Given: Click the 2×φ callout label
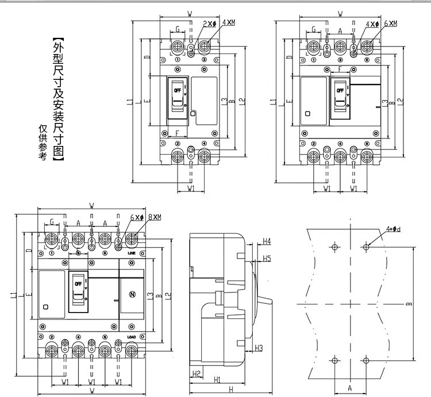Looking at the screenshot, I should [209, 24].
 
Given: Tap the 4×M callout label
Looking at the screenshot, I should [228, 24].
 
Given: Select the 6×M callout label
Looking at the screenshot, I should [390, 24].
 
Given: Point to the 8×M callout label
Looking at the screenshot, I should [153, 218].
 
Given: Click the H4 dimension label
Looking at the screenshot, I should [266, 241].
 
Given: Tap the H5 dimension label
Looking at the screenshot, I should [266, 259].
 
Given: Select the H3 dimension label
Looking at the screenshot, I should [259, 348].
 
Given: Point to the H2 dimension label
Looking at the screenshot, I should [196, 374].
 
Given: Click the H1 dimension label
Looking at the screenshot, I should [217, 380].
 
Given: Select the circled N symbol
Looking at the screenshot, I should [132, 295].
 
